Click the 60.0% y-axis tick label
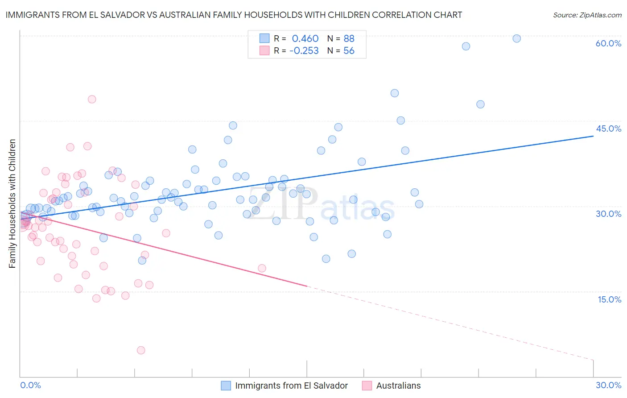[608, 43]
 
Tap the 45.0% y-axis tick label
[608, 129]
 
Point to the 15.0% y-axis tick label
[609, 299]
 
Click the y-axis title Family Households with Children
[12, 203]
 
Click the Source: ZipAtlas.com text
[587, 15]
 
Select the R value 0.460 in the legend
[305, 38]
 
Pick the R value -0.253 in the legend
[304, 51]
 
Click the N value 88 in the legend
[349, 38]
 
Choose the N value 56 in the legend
[349, 51]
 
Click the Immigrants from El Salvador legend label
[291, 386]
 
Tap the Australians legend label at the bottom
[398, 386]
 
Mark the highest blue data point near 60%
[516, 38]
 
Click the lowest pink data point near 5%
[141, 350]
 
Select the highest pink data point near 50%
[92, 99]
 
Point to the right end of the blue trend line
[593, 136]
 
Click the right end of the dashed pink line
[593, 360]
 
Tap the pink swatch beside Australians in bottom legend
[367, 386]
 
